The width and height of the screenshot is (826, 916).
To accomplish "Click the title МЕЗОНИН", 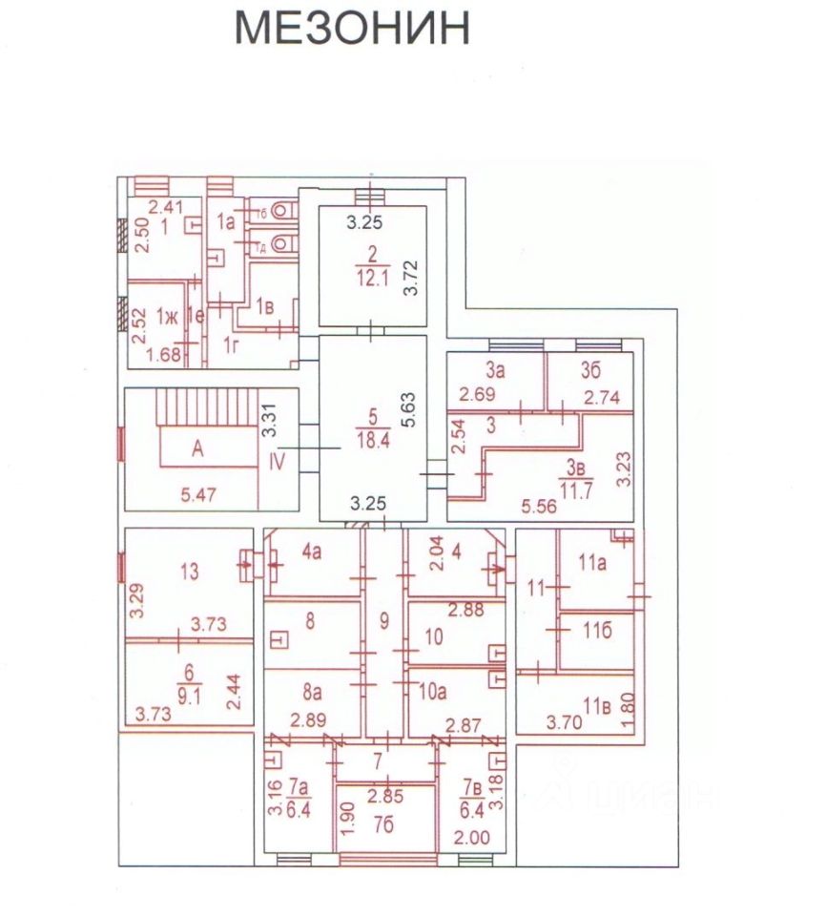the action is pos(352,30).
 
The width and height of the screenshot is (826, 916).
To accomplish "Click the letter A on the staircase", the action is pos(197,451).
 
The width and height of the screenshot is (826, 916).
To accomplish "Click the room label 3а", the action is pos(494,370).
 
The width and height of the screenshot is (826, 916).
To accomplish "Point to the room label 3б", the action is pos(592,370).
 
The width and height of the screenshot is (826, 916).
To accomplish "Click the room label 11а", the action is pos(596,563).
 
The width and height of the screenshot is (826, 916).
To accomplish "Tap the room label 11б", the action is pos(597,629).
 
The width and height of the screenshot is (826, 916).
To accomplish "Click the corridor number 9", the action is pos(384,622).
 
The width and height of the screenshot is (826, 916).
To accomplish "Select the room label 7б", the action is pos(384,823).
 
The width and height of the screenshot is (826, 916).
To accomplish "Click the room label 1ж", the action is pos(168,317).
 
